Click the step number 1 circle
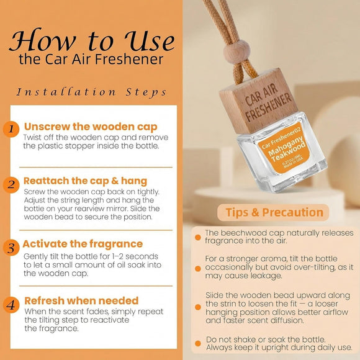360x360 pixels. point(11,129)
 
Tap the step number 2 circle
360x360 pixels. point(11,185)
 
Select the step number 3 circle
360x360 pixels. point(11,248)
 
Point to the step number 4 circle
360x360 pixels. point(11,304)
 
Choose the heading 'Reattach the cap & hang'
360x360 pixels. point(85,181)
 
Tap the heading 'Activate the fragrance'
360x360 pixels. point(83,243)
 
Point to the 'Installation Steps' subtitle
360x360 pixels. point(92,92)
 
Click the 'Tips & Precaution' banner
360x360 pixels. point(274,212)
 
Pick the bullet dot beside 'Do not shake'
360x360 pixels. point(197,342)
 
